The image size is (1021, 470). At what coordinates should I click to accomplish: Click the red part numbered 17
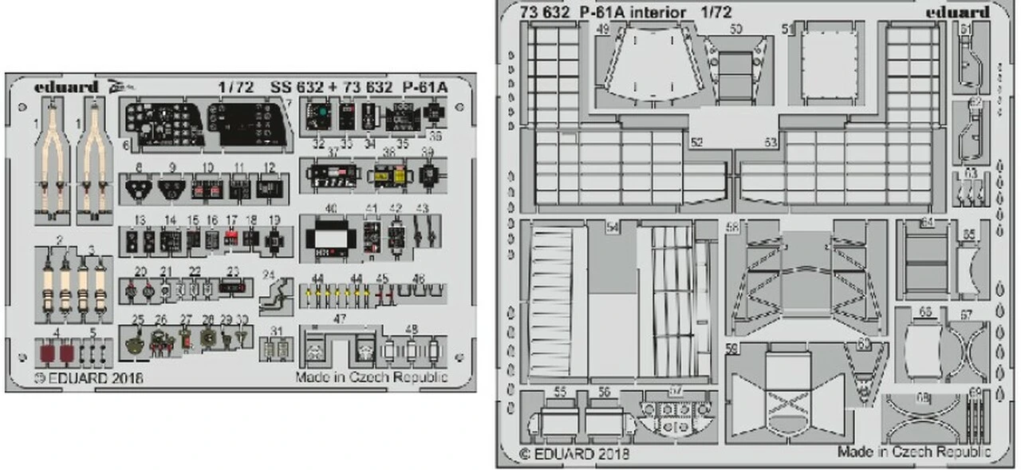231,237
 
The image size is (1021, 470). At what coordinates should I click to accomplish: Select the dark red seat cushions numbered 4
59,350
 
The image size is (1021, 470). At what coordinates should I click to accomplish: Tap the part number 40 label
330,208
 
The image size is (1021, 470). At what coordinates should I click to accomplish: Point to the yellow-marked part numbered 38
388,176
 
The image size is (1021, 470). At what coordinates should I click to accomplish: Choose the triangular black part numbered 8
138,189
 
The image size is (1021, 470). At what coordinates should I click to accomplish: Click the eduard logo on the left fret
66,87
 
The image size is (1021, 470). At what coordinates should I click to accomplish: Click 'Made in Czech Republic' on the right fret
913,452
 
